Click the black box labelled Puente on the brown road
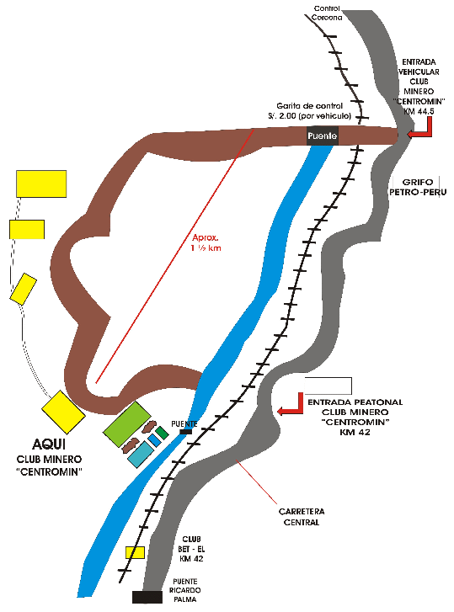tap(323, 136)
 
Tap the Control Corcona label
tap(327, 13)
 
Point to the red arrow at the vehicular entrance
tap(420, 128)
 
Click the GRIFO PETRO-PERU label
tap(418, 187)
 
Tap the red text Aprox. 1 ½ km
tap(206, 242)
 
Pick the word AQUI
tap(49, 444)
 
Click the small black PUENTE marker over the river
tap(186, 432)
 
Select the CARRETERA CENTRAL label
tap(302, 517)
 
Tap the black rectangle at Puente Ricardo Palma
tap(147, 597)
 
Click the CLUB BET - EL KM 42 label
tap(191, 549)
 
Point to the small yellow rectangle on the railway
tap(135, 553)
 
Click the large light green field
tap(127, 424)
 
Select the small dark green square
tap(162, 433)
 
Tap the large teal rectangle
tap(141, 455)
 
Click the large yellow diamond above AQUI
tap(63, 412)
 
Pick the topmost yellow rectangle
tap(41, 184)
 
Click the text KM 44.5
tap(419, 112)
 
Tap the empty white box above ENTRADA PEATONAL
tap(328, 386)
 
